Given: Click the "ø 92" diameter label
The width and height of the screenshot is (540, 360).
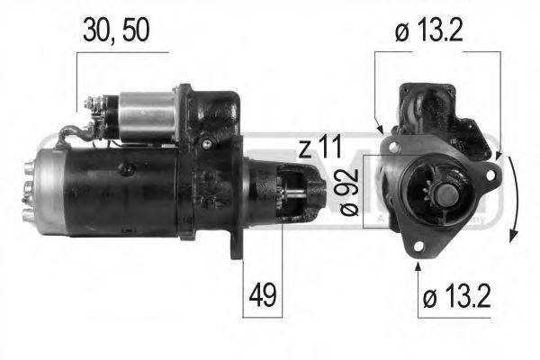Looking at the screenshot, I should point(350,194).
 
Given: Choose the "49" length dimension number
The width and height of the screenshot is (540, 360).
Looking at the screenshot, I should point(262,294).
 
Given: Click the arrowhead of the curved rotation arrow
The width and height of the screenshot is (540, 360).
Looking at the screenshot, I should point(512,235).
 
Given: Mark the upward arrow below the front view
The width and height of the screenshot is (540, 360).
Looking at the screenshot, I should point(417,263).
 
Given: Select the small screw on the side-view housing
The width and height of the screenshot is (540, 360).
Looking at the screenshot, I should point(206,143).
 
